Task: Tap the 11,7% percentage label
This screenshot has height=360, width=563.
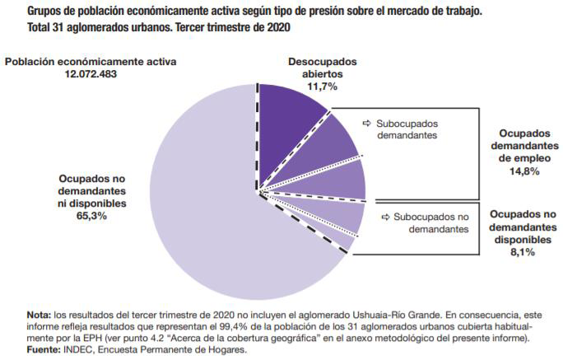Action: [x=321, y=85]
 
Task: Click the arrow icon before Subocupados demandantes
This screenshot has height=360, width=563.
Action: [x=367, y=123]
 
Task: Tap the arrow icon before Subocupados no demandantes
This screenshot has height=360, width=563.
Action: [x=386, y=217]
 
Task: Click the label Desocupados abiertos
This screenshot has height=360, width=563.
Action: [x=321, y=68]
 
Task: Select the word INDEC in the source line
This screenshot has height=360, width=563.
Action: [x=81, y=349]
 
